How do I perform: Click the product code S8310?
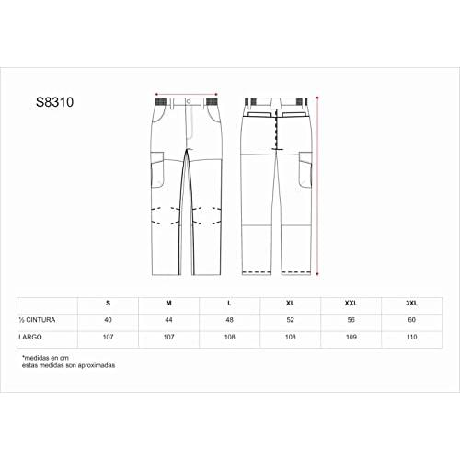[x=54, y=102]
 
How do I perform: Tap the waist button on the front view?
[x=189, y=101]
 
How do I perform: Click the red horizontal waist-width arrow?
[x=187, y=94]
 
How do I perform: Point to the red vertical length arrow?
[x=317, y=186]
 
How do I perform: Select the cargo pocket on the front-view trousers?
[x=157, y=169]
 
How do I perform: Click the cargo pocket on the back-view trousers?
[x=305, y=169]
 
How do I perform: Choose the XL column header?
[x=290, y=303]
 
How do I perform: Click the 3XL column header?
[x=411, y=303]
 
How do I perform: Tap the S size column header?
[x=108, y=303]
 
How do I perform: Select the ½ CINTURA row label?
[x=37, y=320]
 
